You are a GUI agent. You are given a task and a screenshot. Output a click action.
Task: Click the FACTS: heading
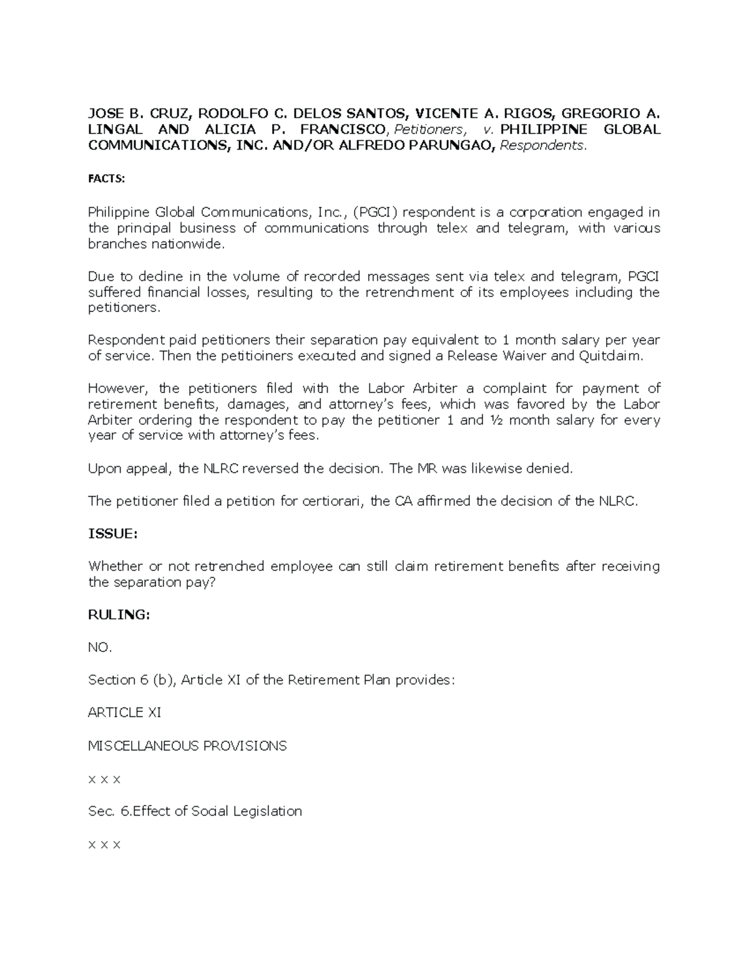106,179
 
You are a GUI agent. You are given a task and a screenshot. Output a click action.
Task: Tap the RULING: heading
119,615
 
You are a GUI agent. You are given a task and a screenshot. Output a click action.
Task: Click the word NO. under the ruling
100,648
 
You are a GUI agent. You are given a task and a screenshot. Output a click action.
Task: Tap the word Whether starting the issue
115,567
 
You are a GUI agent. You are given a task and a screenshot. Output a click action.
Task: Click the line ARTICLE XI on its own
125,713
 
